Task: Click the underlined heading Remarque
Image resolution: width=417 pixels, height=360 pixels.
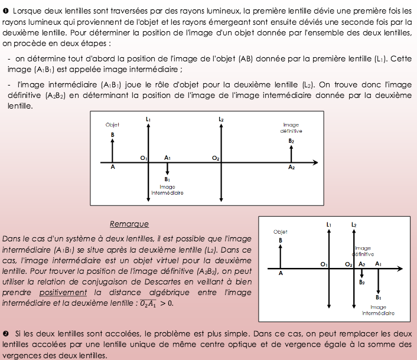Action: click(129, 224)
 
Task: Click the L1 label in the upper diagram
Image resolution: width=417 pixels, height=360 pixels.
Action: click(148, 120)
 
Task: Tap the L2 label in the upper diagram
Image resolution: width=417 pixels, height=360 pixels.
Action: click(221, 120)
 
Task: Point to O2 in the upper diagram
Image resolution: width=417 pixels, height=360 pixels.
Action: click(216, 159)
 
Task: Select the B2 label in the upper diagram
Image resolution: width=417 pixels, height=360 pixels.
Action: click(291, 142)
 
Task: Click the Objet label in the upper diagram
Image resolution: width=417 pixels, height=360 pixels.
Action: click(112, 125)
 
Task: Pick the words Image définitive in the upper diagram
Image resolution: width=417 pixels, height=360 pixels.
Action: click(291, 128)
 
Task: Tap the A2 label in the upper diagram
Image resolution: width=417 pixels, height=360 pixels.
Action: click(291, 168)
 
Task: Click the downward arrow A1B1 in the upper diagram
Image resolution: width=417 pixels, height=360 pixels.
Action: click(168, 168)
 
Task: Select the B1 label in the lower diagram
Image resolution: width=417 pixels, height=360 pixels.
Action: click(378, 297)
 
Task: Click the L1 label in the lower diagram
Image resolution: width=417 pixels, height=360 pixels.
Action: click(328, 225)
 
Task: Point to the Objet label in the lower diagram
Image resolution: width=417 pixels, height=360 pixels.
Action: click(281, 232)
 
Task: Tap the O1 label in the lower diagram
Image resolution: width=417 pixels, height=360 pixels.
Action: click(323, 264)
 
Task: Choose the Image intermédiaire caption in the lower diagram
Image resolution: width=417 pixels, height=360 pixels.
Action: click(378, 310)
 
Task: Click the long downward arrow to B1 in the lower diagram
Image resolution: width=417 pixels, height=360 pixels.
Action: click(378, 280)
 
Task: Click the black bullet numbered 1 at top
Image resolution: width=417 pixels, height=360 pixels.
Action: click(5, 11)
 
